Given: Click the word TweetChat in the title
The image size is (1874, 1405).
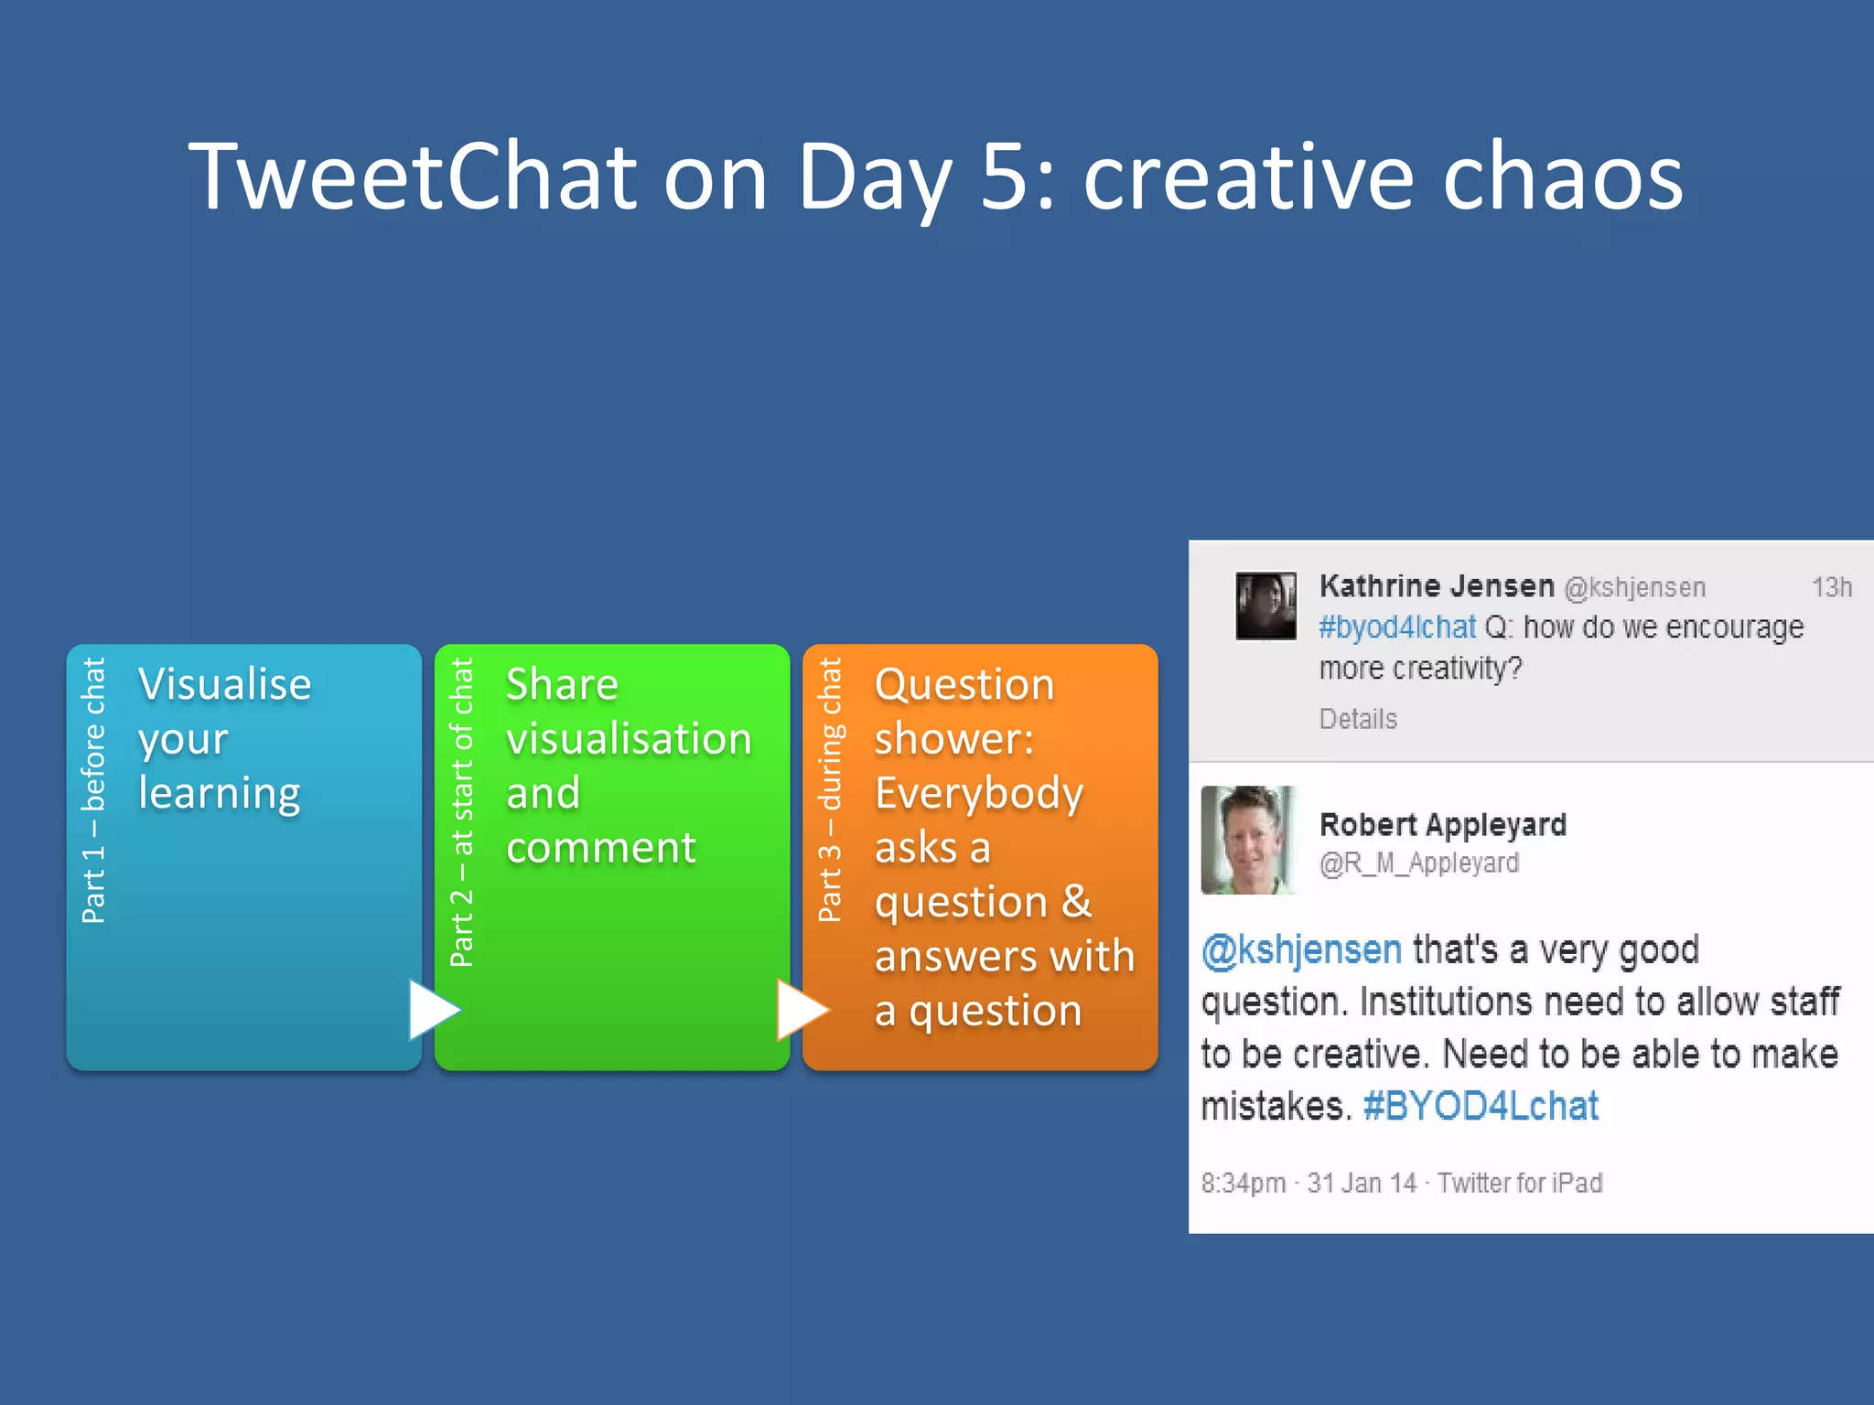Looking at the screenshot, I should coord(412,177).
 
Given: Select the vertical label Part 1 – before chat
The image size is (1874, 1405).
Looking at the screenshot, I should coord(94,790).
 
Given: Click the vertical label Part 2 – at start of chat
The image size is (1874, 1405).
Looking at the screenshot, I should coord(462,812).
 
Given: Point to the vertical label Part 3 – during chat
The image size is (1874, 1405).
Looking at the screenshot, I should coord(830,790).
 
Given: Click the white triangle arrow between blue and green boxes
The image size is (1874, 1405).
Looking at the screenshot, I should coord(432,1010).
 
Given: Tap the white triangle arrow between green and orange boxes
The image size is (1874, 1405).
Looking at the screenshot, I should coord(801,1010).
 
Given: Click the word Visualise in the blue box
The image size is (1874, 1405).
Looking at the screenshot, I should coord(225,684).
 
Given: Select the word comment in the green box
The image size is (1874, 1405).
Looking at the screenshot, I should coord(601,847).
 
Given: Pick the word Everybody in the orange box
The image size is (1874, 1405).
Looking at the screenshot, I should coord(979,793).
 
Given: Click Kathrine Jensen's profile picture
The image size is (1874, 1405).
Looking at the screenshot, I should coord(1265,606).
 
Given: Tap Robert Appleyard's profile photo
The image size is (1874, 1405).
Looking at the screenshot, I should coord(1247,840).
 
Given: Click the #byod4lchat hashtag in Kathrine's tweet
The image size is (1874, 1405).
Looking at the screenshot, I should coord(1397,627).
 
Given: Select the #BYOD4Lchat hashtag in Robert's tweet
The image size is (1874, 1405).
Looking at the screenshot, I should coord(1481,1106).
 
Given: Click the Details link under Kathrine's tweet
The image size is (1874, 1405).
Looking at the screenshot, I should coord(1358,719).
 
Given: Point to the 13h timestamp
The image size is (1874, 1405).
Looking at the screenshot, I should coord(1831,587).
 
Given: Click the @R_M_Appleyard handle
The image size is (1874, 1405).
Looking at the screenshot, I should coord(1418,863).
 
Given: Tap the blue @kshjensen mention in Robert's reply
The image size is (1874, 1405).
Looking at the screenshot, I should coord(1301,949).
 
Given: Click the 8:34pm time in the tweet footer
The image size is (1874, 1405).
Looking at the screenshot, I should coord(1244,1183).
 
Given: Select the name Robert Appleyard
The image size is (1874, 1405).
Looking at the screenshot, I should coord(1443,824).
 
